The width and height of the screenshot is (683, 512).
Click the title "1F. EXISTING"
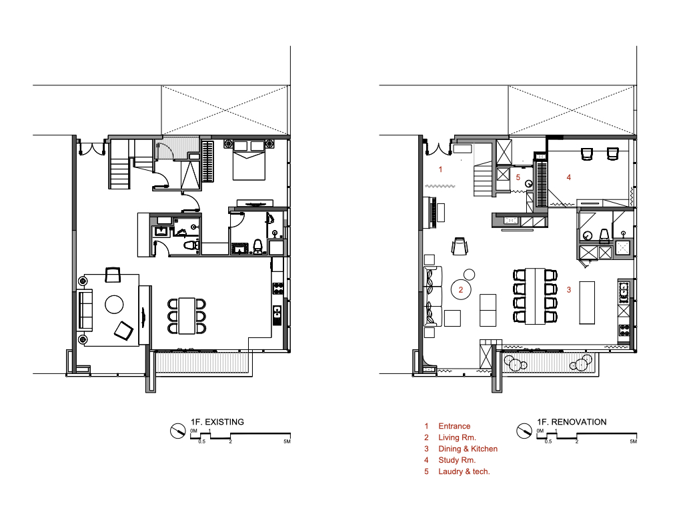pos(217,422)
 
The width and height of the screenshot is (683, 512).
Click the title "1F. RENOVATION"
pos(572,422)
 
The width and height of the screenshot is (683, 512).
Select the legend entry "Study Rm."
pos(457,460)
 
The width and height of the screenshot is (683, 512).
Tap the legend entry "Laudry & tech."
pos(464,471)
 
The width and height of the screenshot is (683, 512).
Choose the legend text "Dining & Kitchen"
pos(468,449)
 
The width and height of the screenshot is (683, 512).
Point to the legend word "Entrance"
pos(454,426)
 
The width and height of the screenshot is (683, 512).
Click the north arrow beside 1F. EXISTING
pos(177,431)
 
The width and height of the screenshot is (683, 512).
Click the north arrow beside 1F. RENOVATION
pos(524,431)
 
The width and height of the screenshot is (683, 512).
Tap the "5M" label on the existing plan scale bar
pos(287,441)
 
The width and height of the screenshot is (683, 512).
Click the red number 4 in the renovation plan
pos(568,177)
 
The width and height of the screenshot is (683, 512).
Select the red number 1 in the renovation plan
pos(440,169)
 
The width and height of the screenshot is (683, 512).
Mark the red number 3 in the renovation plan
pos(568,289)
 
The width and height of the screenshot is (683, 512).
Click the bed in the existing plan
pos(249,160)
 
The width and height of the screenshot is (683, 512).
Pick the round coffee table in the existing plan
pos(114,305)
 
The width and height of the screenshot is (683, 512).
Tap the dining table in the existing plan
pos(187,315)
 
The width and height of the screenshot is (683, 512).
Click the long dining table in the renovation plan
pos(535,296)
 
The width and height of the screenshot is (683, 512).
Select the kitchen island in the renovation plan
pos(587,303)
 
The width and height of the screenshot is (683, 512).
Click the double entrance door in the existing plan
pos(91,148)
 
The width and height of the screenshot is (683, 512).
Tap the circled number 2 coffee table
pos(461,289)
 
